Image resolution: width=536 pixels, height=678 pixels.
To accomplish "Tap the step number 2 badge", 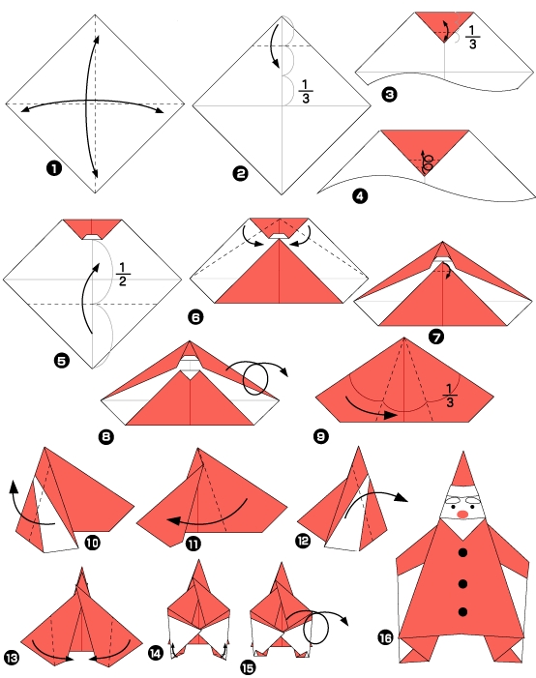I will [241, 174].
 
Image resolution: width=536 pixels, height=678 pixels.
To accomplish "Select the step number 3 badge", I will [389, 94].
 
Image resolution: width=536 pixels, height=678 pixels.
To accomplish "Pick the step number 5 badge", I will [63, 362].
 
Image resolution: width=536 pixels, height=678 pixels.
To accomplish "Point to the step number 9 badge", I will [320, 436].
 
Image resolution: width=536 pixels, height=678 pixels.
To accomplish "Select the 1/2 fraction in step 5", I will [121, 275].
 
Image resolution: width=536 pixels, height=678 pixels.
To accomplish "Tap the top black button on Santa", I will [462, 552].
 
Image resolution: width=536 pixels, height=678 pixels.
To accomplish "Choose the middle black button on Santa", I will [462, 582].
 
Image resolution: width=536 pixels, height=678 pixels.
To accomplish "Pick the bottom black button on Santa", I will [462, 612].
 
